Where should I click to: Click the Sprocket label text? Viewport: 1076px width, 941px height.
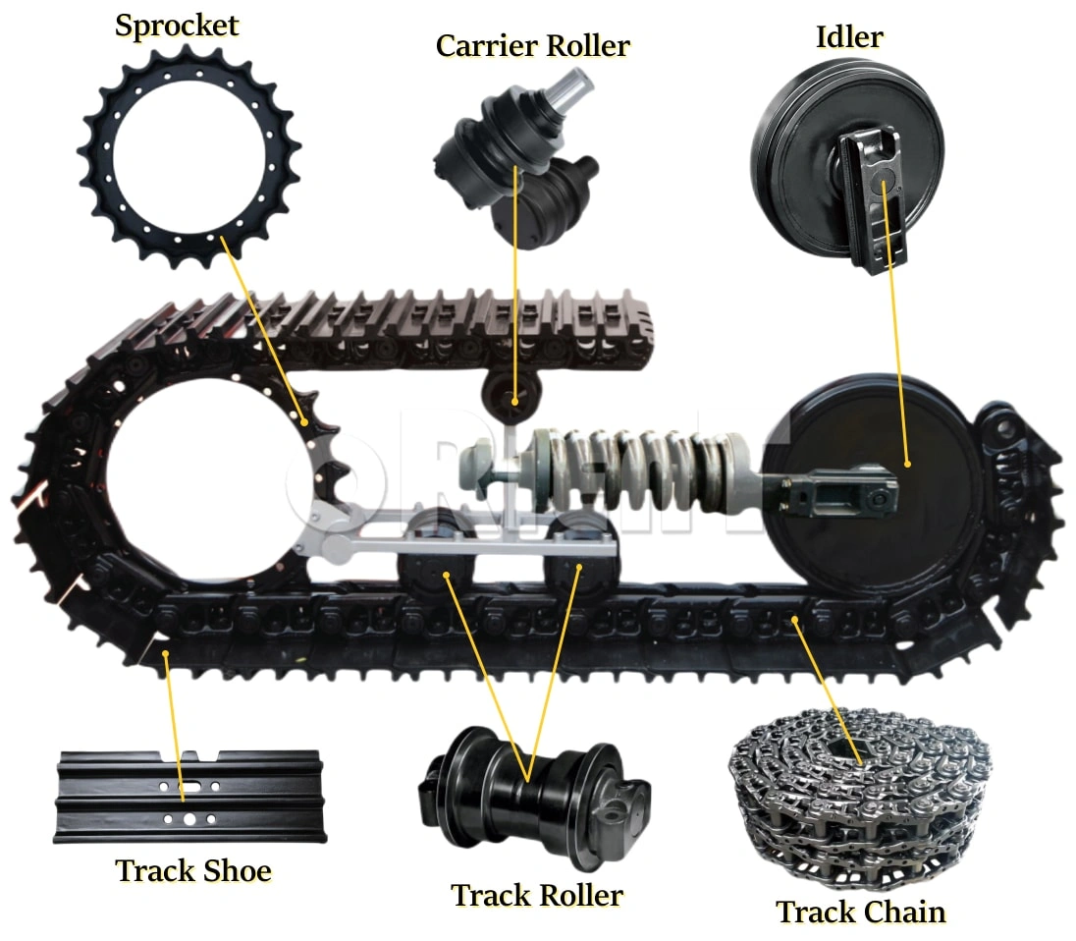coord(177,27)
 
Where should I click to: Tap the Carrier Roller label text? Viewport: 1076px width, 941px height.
coord(532,46)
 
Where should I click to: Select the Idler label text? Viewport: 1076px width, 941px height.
coord(849,37)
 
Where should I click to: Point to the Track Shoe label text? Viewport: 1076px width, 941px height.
coord(193,870)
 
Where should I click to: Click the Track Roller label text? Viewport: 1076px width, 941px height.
coord(537,895)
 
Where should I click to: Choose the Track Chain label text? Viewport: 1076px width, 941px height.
coord(861,913)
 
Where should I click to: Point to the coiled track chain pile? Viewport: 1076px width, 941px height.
coord(862,797)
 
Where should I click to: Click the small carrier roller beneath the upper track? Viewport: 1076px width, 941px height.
coord(511,395)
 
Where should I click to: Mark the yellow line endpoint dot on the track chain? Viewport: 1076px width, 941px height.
coord(794,620)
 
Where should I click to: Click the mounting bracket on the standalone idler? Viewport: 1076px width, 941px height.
coord(873,200)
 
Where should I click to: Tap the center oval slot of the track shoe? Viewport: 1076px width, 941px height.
coord(189,786)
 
